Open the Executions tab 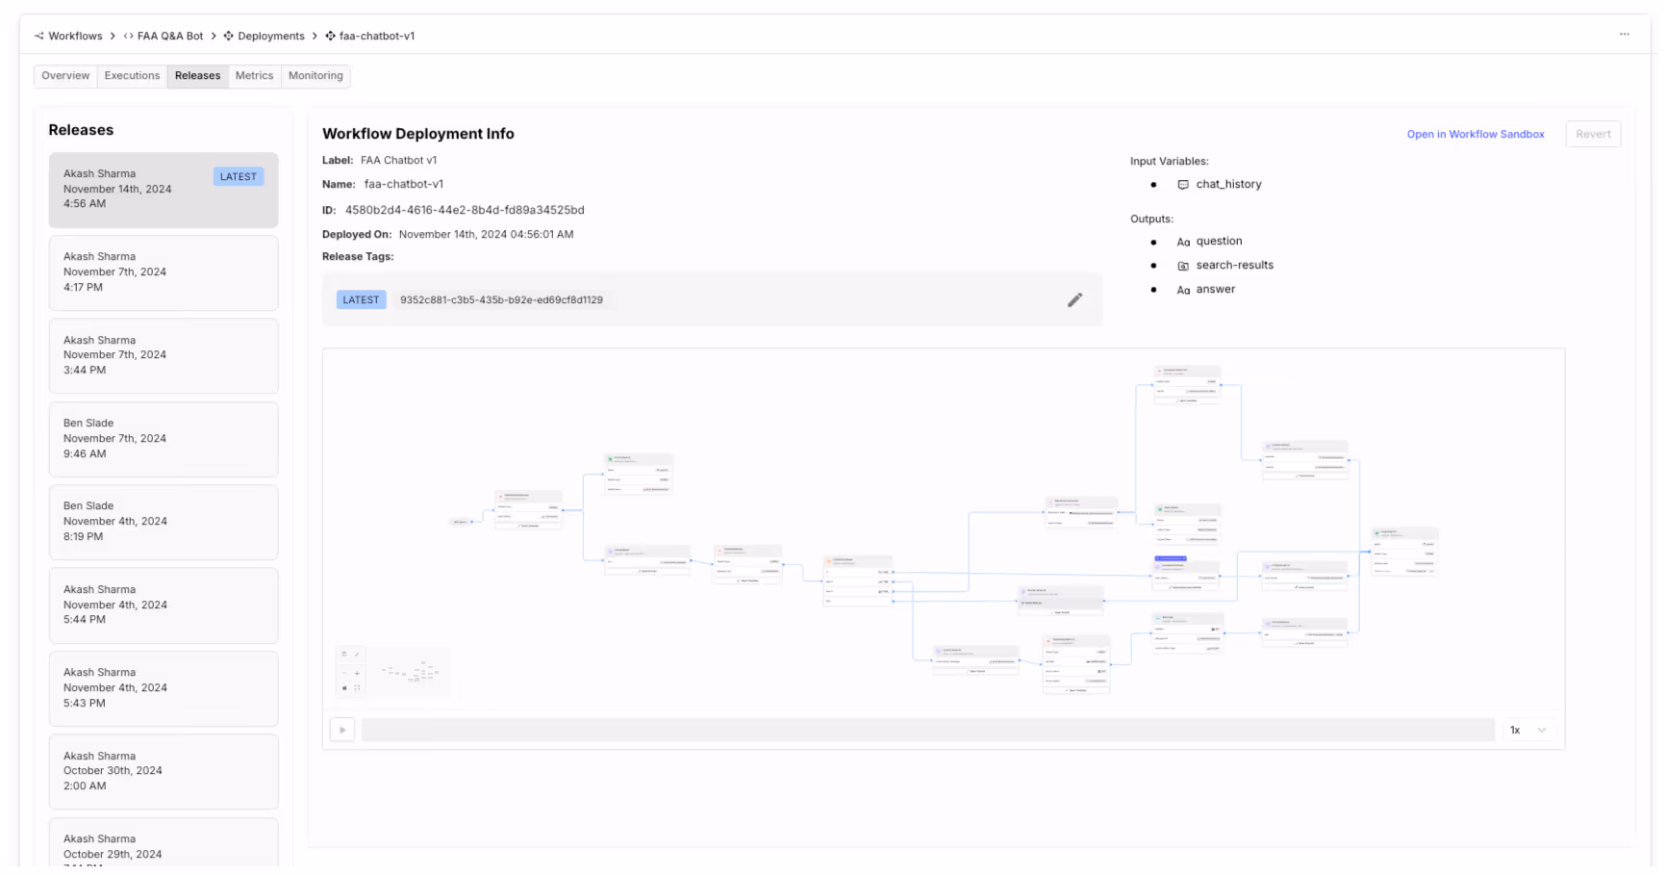[132, 76]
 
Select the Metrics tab [254, 76]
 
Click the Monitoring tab [316, 76]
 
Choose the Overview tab [65, 76]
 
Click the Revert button [1593, 135]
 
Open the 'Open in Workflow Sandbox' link [1475, 135]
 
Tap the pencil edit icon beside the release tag [1074, 300]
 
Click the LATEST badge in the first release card [238, 177]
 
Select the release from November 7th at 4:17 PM [164, 272]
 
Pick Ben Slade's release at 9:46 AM [164, 439]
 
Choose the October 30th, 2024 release [164, 771]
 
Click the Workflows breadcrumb [75, 37]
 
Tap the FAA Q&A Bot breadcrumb [170, 37]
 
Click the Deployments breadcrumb [270, 37]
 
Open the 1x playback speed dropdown [1528, 731]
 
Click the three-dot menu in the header [1624, 35]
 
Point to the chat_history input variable [1228, 185]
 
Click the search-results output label [1234, 266]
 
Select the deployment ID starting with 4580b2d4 [465, 210]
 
